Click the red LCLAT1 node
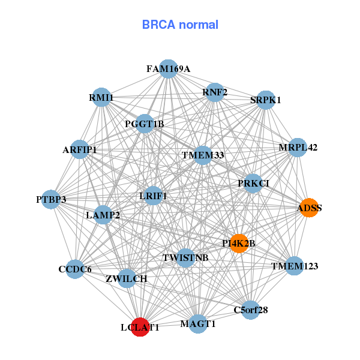click(x=140, y=327)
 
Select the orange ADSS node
click(x=309, y=208)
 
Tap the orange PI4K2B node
click(x=239, y=243)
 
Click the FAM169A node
click(x=169, y=69)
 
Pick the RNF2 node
click(x=215, y=92)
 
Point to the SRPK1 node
click(x=265, y=100)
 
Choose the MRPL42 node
click(x=298, y=147)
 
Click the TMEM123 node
click(x=294, y=265)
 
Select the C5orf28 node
click(x=250, y=310)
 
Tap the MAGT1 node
click(x=198, y=324)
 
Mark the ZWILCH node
click(x=127, y=278)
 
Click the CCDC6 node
click(x=75, y=269)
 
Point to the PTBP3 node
click(x=51, y=199)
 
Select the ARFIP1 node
click(x=80, y=149)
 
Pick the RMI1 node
click(x=101, y=97)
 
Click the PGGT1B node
click(x=145, y=124)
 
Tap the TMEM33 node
click(x=203, y=155)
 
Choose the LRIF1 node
click(x=153, y=195)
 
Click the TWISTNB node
click(x=185, y=258)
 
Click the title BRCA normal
click(x=180, y=25)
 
